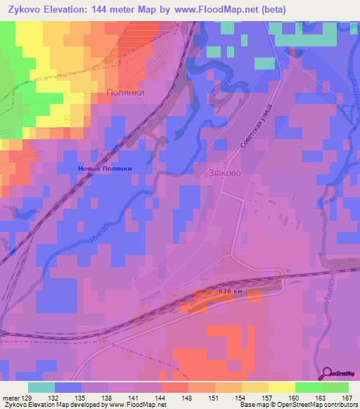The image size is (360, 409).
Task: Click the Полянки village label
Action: (125, 92)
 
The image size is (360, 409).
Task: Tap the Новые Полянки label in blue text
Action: (104, 169)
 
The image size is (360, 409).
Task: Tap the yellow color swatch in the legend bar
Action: (281, 387)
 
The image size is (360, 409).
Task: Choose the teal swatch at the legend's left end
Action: (41, 387)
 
